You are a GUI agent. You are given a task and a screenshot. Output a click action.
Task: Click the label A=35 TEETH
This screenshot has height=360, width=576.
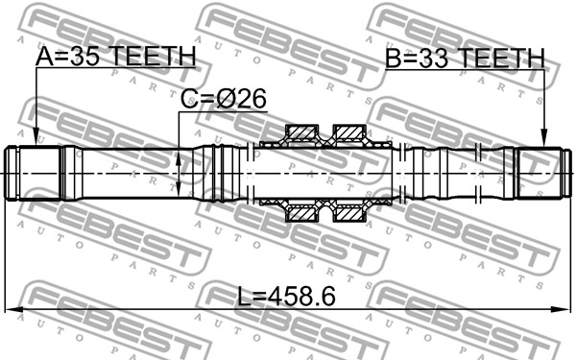[x=116, y=57]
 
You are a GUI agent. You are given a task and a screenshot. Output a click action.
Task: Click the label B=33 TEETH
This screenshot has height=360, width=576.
[x=465, y=59]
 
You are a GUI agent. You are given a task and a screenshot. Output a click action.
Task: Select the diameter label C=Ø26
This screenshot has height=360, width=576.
[x=224, y=99]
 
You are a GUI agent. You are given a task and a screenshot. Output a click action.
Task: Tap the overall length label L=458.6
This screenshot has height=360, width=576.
[x=286, y=297]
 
